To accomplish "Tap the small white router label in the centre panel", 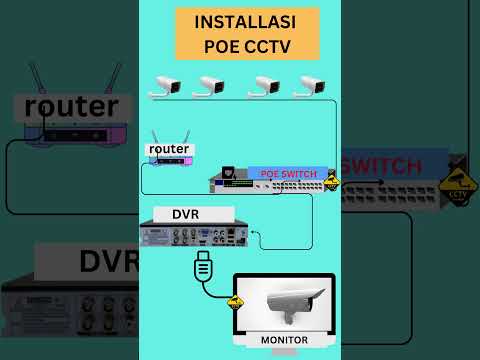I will click(168, 149).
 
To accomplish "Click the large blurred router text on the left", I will click(71, 106).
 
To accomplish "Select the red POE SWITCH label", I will click(288, 173).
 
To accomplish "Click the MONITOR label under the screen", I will click(284, 340).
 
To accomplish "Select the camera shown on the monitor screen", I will click(286, 301).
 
